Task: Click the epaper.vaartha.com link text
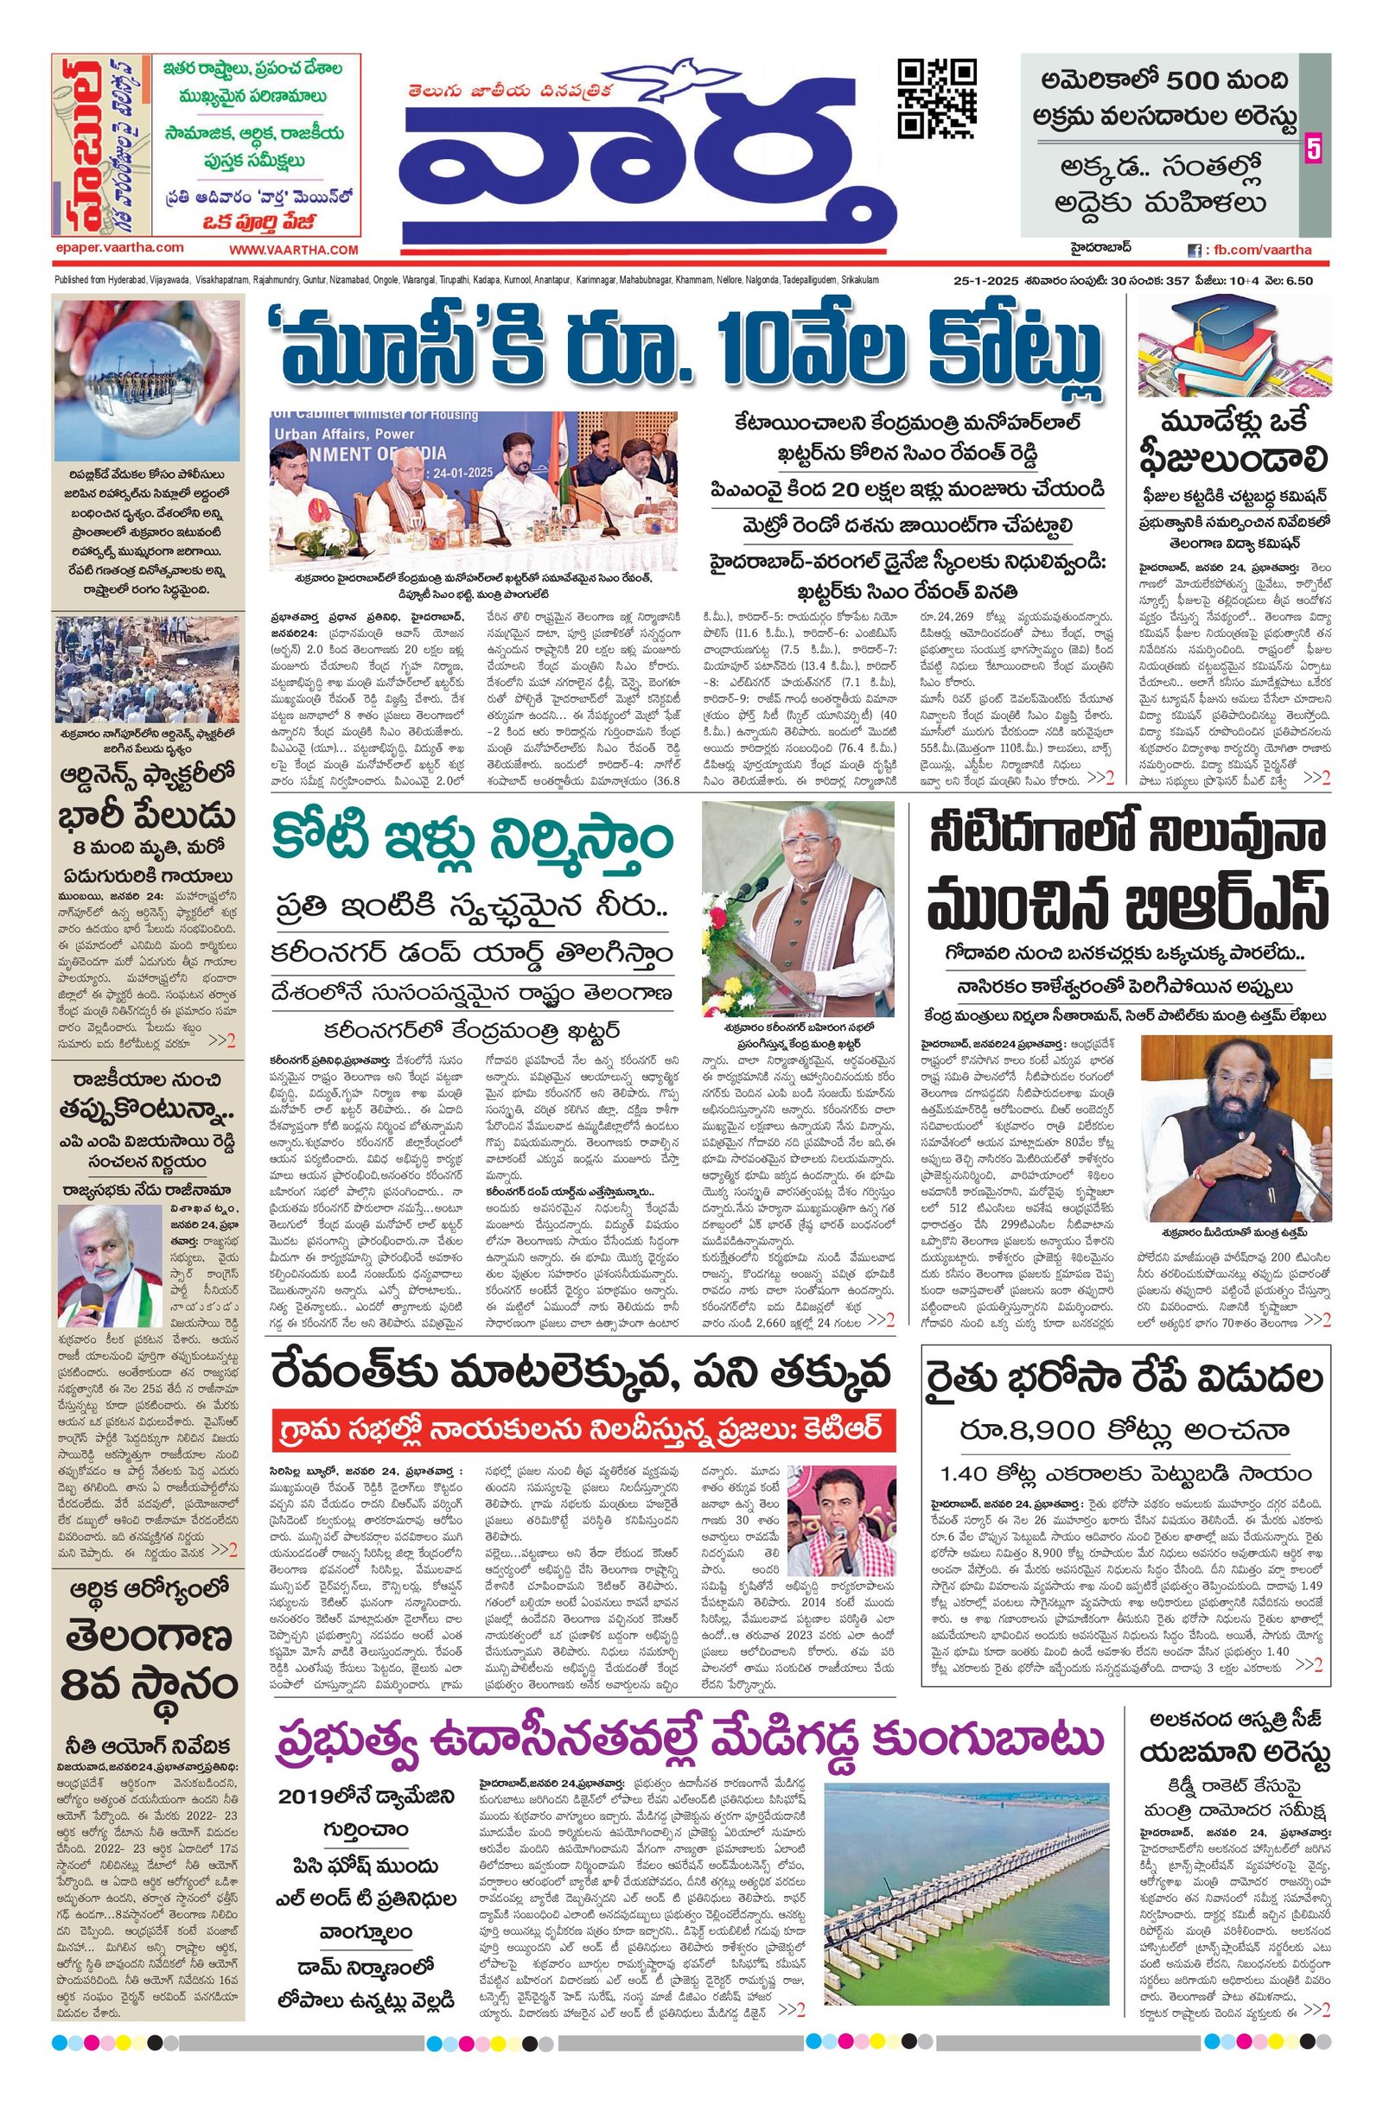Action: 118,248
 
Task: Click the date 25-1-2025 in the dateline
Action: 979,280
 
